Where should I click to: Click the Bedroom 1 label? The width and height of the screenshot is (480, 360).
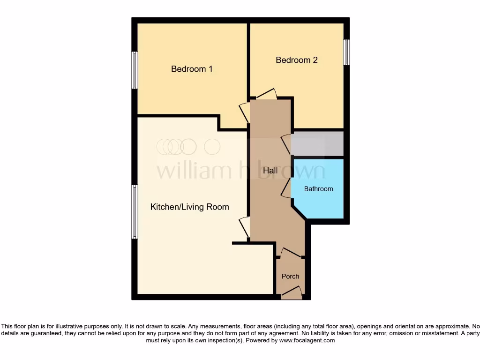pos(192,69)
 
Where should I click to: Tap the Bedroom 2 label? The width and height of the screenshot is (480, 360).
pos(296,60)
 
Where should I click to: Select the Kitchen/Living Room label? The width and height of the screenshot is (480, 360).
pos(189,207)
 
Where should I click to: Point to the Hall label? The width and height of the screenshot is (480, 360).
pos(270,171)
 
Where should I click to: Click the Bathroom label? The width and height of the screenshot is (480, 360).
pos(318,189)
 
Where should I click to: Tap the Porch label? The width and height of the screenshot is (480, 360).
pos(290,276)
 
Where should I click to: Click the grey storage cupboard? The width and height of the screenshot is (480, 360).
pos(317,143)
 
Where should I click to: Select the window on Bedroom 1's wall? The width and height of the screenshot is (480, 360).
pos(135,70)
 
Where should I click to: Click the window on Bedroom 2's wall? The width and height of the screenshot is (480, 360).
pos(346,52)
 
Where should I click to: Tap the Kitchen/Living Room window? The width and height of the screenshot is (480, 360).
pos(135,211)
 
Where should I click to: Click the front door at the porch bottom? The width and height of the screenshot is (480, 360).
pos(291,294)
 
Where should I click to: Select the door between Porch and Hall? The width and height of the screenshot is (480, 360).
pos(291,254)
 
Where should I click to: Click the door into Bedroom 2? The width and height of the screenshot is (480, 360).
pos(267,95)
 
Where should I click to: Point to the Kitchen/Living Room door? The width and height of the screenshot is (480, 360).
pos(245,227)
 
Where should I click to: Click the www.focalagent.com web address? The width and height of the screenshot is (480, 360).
pos(307,340)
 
